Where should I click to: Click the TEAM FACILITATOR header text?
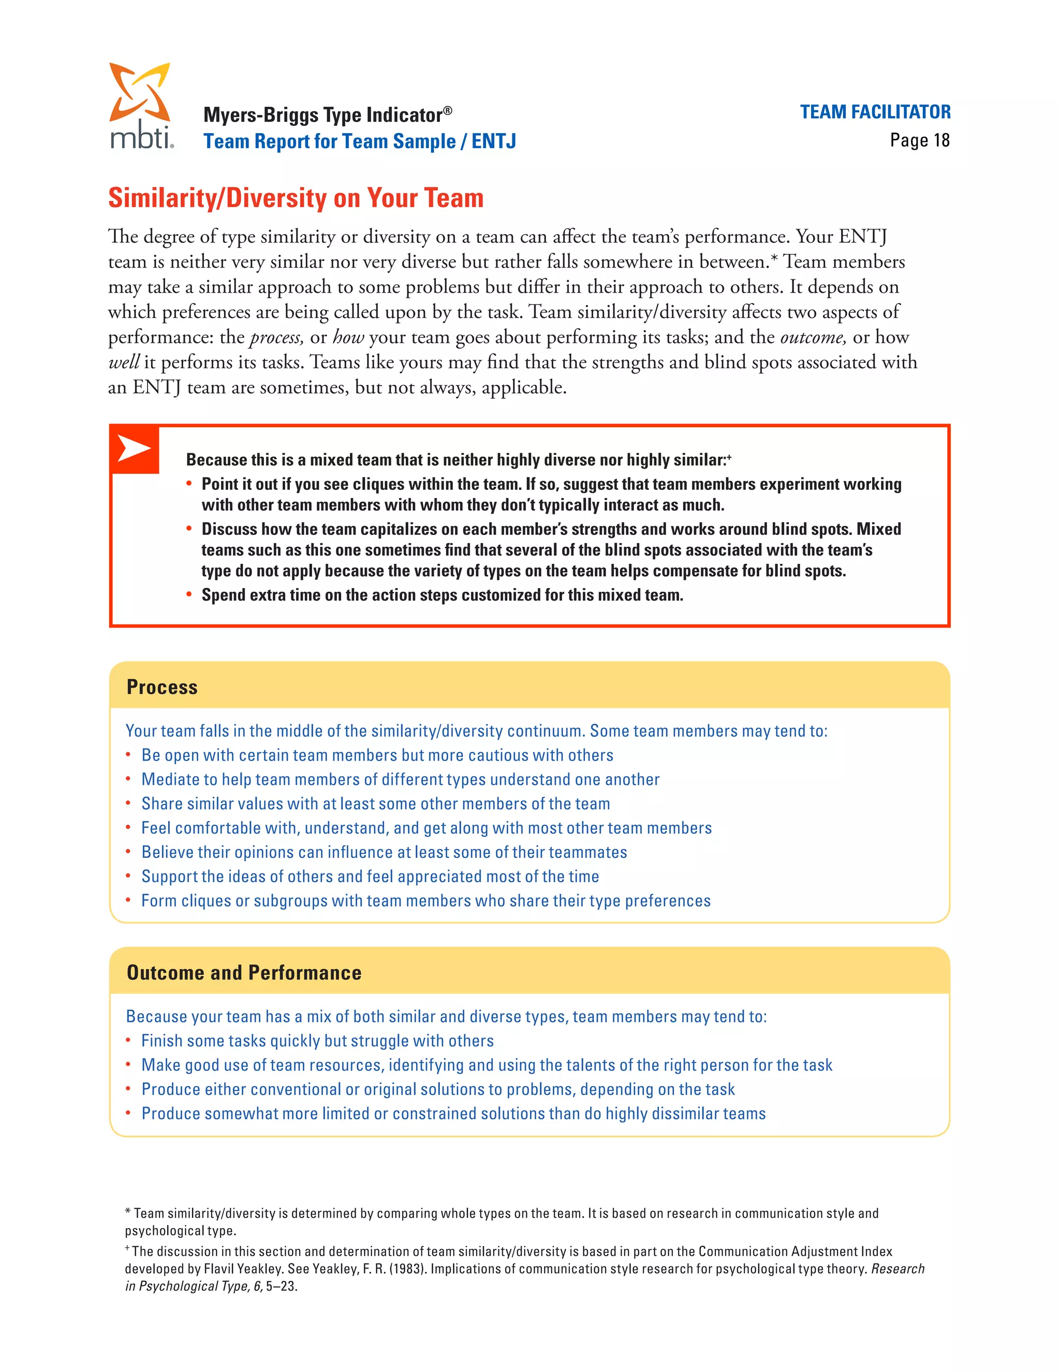pos(875,112)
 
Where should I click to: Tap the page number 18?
pos(940,140)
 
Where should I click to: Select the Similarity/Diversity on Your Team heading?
pos(296,198)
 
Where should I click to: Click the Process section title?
pos(162,687)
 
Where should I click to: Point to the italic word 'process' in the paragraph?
pos(276,338)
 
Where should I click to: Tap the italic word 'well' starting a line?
pos(123,362)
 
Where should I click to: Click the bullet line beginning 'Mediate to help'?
pos(400,779)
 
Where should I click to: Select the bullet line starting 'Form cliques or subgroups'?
pos(426,900)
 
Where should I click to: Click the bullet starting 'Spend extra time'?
pos(442,595)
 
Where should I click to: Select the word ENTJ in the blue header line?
pos(494,141)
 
